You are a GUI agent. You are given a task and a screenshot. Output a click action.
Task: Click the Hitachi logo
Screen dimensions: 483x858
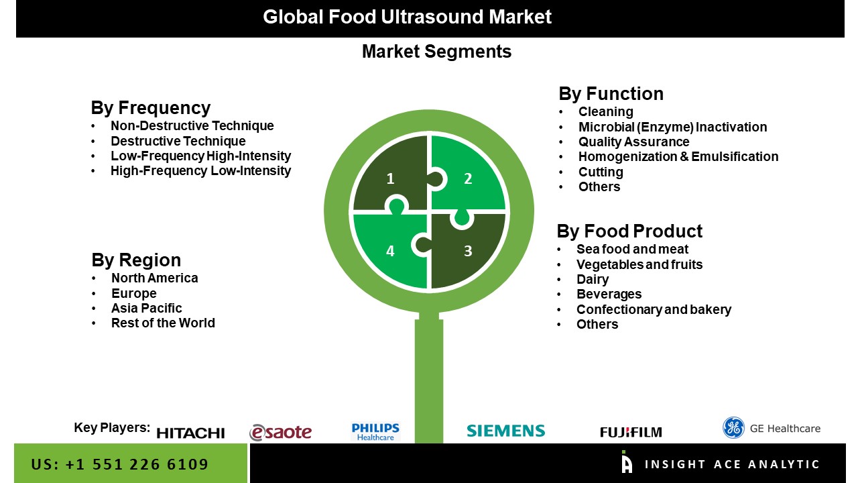click(x=190, y=433)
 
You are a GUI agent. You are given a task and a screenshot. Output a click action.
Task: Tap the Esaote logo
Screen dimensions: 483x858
click(x=280, y=433)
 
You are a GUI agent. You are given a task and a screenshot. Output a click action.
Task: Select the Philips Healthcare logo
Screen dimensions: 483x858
click(x=375, y=431)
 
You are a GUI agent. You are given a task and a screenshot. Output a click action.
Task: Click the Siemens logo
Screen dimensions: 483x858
click(x=505, y=431)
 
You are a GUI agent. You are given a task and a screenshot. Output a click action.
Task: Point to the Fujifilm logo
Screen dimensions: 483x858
click(x=630, y=432)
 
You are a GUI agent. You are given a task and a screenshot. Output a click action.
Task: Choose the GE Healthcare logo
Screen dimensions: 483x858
click(x=771, y=428)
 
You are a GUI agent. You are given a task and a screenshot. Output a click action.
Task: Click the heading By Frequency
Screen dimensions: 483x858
click(x=150, y=108)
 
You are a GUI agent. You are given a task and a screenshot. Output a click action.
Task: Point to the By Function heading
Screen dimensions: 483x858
click(x=611, y=94)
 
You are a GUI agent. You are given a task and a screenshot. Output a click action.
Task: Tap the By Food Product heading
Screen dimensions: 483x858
click(x=629, y=231)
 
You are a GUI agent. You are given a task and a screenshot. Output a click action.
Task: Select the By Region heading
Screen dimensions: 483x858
click(x=136, y=260)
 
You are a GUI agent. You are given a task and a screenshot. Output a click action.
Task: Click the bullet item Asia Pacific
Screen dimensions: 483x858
click(x=146, y=308)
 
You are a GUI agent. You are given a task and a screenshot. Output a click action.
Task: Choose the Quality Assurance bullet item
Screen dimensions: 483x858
click(x=633, y=142)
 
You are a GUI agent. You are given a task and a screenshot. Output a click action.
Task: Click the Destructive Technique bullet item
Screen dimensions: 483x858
click(x=178, y=141)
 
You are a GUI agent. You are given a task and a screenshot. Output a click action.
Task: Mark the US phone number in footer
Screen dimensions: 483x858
click(x=120, y=464)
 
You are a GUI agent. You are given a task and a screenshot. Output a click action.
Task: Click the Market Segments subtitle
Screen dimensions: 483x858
click(x=436, y=52)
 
